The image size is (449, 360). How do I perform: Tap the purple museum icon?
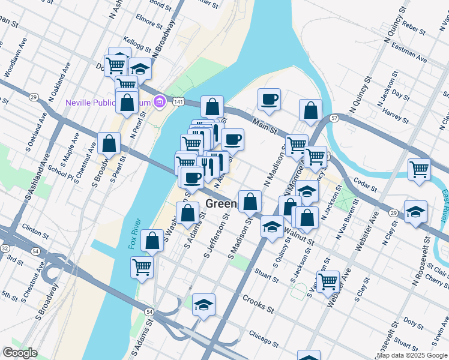click(x=159, y=103)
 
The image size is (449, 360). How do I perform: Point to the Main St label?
click(x=264, y=127)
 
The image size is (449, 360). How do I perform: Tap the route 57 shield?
click(x=334, y=119)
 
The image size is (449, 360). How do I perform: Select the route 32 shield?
click(x=4, y=247)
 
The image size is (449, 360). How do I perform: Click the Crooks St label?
click(x=258, y=303)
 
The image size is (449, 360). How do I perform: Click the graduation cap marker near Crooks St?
click(x=204, y=305)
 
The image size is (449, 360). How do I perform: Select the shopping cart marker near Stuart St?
click(x=328, y=280)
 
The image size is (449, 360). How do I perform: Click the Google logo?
click(x=20, y=353)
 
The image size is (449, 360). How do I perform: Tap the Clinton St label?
click(x=35, y=228)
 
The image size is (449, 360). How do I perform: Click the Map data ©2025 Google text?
click(x=412, y=355)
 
